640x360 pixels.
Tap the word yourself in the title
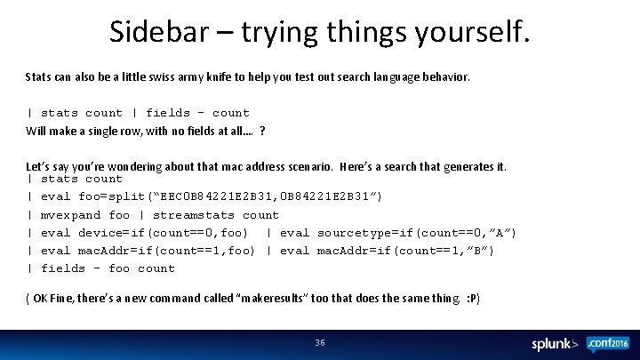point(473,32)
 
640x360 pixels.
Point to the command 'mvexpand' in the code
point(71,214)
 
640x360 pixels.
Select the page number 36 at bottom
point(320,342)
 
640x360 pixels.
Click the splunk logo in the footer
point(555,343)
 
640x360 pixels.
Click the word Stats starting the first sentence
point(39,77)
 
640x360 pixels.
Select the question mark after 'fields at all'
point(262,131)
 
